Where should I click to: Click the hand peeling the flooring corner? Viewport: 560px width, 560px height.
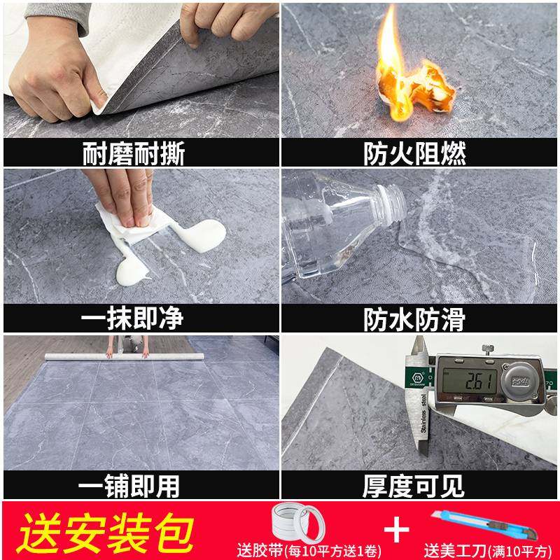tap(52, 70)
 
